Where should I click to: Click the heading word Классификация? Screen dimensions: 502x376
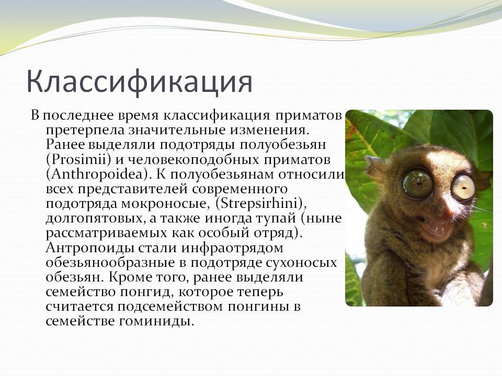pos(139,82)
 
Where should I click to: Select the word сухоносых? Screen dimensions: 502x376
pos(299,263)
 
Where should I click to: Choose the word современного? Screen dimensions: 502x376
pos(240,189)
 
